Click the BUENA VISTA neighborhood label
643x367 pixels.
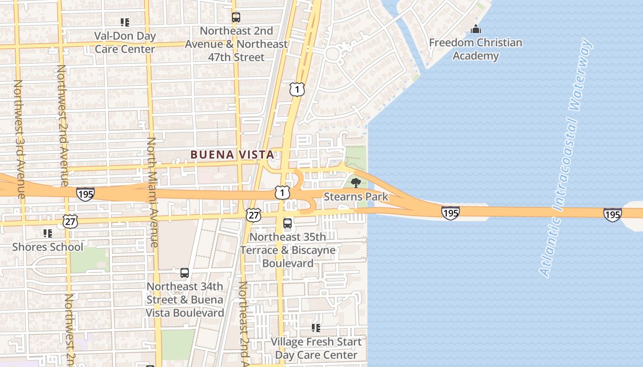coord(232,155)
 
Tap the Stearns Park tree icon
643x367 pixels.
coord(355,183)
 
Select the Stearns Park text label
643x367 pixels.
coord(356,197)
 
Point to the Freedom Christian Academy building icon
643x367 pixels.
coord(476,29)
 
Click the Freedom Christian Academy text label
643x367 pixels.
coord(475,49)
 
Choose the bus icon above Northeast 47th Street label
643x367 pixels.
coord(236,18)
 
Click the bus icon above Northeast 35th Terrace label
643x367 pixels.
coord(288,223)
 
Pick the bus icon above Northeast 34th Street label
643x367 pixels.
coord(185,273)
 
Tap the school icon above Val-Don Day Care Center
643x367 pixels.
coord(125,22)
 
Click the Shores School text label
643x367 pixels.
coord(48,247)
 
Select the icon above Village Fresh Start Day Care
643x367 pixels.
coord(316,328)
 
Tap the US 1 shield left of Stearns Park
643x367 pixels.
coord(282,192)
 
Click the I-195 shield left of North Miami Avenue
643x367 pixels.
coord(85,194)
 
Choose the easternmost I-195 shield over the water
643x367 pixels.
coord(612,214)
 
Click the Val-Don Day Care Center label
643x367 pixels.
coord(125,42)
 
